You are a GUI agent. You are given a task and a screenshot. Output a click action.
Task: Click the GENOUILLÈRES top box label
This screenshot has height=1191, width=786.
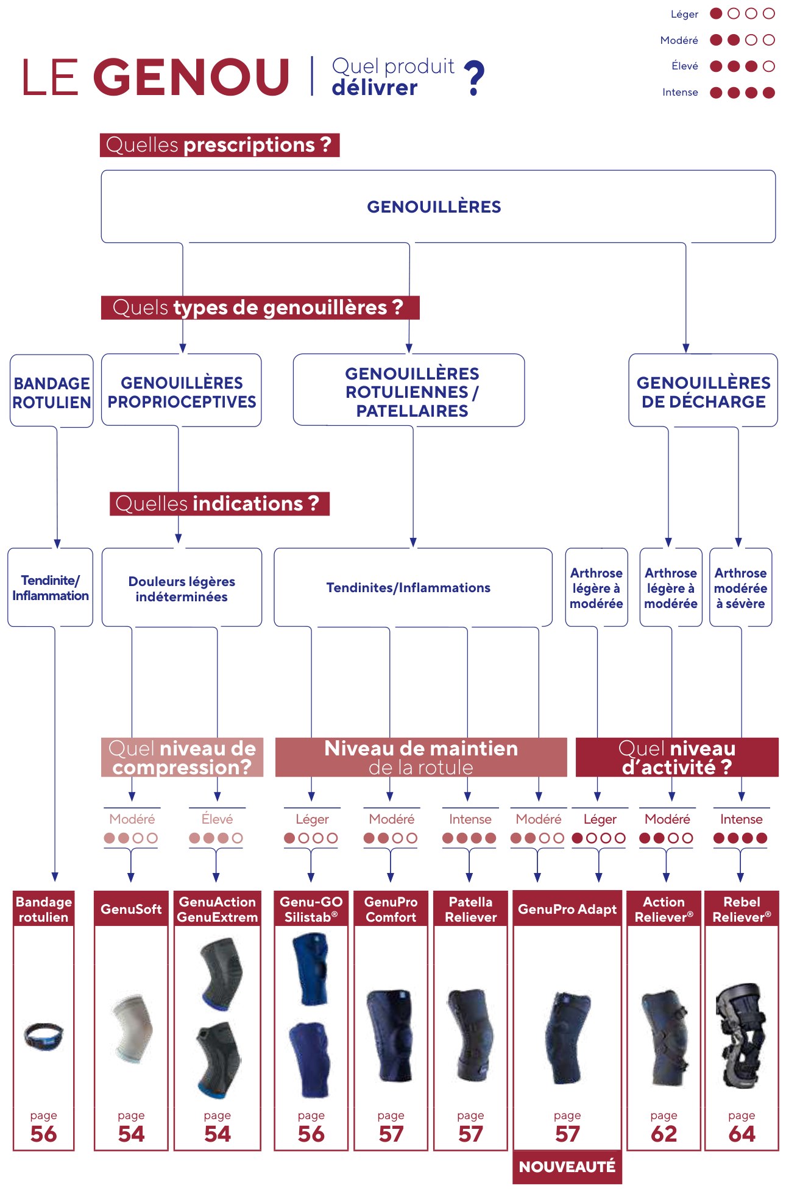pyautogui.click(x=434, y=207)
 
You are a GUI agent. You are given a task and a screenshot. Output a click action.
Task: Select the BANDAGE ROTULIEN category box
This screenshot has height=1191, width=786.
pyautogui.click(x=52, y=391)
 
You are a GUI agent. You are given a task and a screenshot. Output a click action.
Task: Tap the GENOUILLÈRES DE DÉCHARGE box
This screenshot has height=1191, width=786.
pyautogui.click(x=703, y=391)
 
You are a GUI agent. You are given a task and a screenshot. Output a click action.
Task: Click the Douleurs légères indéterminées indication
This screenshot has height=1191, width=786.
pyautogui.click(x=182, y=588)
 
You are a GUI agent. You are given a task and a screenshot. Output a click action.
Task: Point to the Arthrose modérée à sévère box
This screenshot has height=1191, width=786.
pyautogui.click(x=741, y=588)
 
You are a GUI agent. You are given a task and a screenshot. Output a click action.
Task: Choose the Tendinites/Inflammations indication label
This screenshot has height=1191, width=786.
pyautogui.click(x=408, y=587)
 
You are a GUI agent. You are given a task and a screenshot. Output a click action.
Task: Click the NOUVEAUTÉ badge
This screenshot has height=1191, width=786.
pyautogui.click(x=567, y=1167)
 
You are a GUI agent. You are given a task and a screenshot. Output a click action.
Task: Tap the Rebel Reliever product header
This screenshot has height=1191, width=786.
pyautogui.click(x=742, y=909)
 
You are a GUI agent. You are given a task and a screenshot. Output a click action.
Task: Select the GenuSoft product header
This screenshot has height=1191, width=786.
pyautogui.click(x=131, y=909)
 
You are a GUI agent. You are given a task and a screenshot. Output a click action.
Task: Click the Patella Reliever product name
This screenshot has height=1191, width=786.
pyautogui.click(x=470, y=909)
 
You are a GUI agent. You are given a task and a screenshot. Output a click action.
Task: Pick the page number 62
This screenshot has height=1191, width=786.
pyautogui.click(x=664, y=1134)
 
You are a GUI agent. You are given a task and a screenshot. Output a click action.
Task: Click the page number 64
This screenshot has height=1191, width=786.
pyautogui.click(x=742, y=1134)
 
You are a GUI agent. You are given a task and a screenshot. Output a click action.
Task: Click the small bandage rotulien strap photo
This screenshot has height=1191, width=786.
pyautogui.click(x=43, y=1035)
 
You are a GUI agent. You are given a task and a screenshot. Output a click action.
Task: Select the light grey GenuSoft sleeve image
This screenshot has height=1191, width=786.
pyautogui.click(x=132, y=1030)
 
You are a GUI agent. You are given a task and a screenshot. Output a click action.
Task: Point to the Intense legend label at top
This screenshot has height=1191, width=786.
pyautogui.click(x=680, y=92)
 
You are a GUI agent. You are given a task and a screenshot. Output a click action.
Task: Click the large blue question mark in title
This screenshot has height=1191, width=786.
pyautogui.click(x=474, y=77)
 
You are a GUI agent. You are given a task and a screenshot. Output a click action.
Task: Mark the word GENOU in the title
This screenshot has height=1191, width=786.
pyautogui.click(x=191, y=77)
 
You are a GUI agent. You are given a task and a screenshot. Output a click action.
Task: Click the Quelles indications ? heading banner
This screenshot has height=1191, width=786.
pyautogui.click(x=219, y=504)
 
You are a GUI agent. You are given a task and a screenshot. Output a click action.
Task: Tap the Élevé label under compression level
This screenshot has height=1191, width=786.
pyautogui.click(x=217, y=819)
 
